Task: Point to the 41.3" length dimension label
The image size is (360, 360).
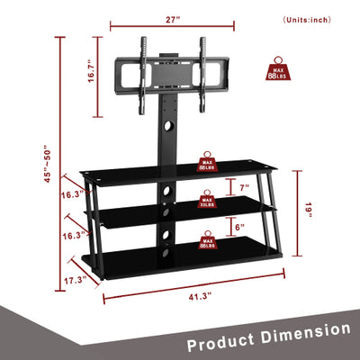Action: point(198,296)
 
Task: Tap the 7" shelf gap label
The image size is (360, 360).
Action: point(243,187)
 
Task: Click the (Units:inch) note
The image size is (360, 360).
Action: point(308,19)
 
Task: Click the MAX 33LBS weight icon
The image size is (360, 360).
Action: point(206,200)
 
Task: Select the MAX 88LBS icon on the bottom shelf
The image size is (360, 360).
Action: point(207,238)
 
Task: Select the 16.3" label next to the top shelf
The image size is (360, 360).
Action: point(74,193)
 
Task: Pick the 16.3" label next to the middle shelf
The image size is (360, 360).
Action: point(74,235)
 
